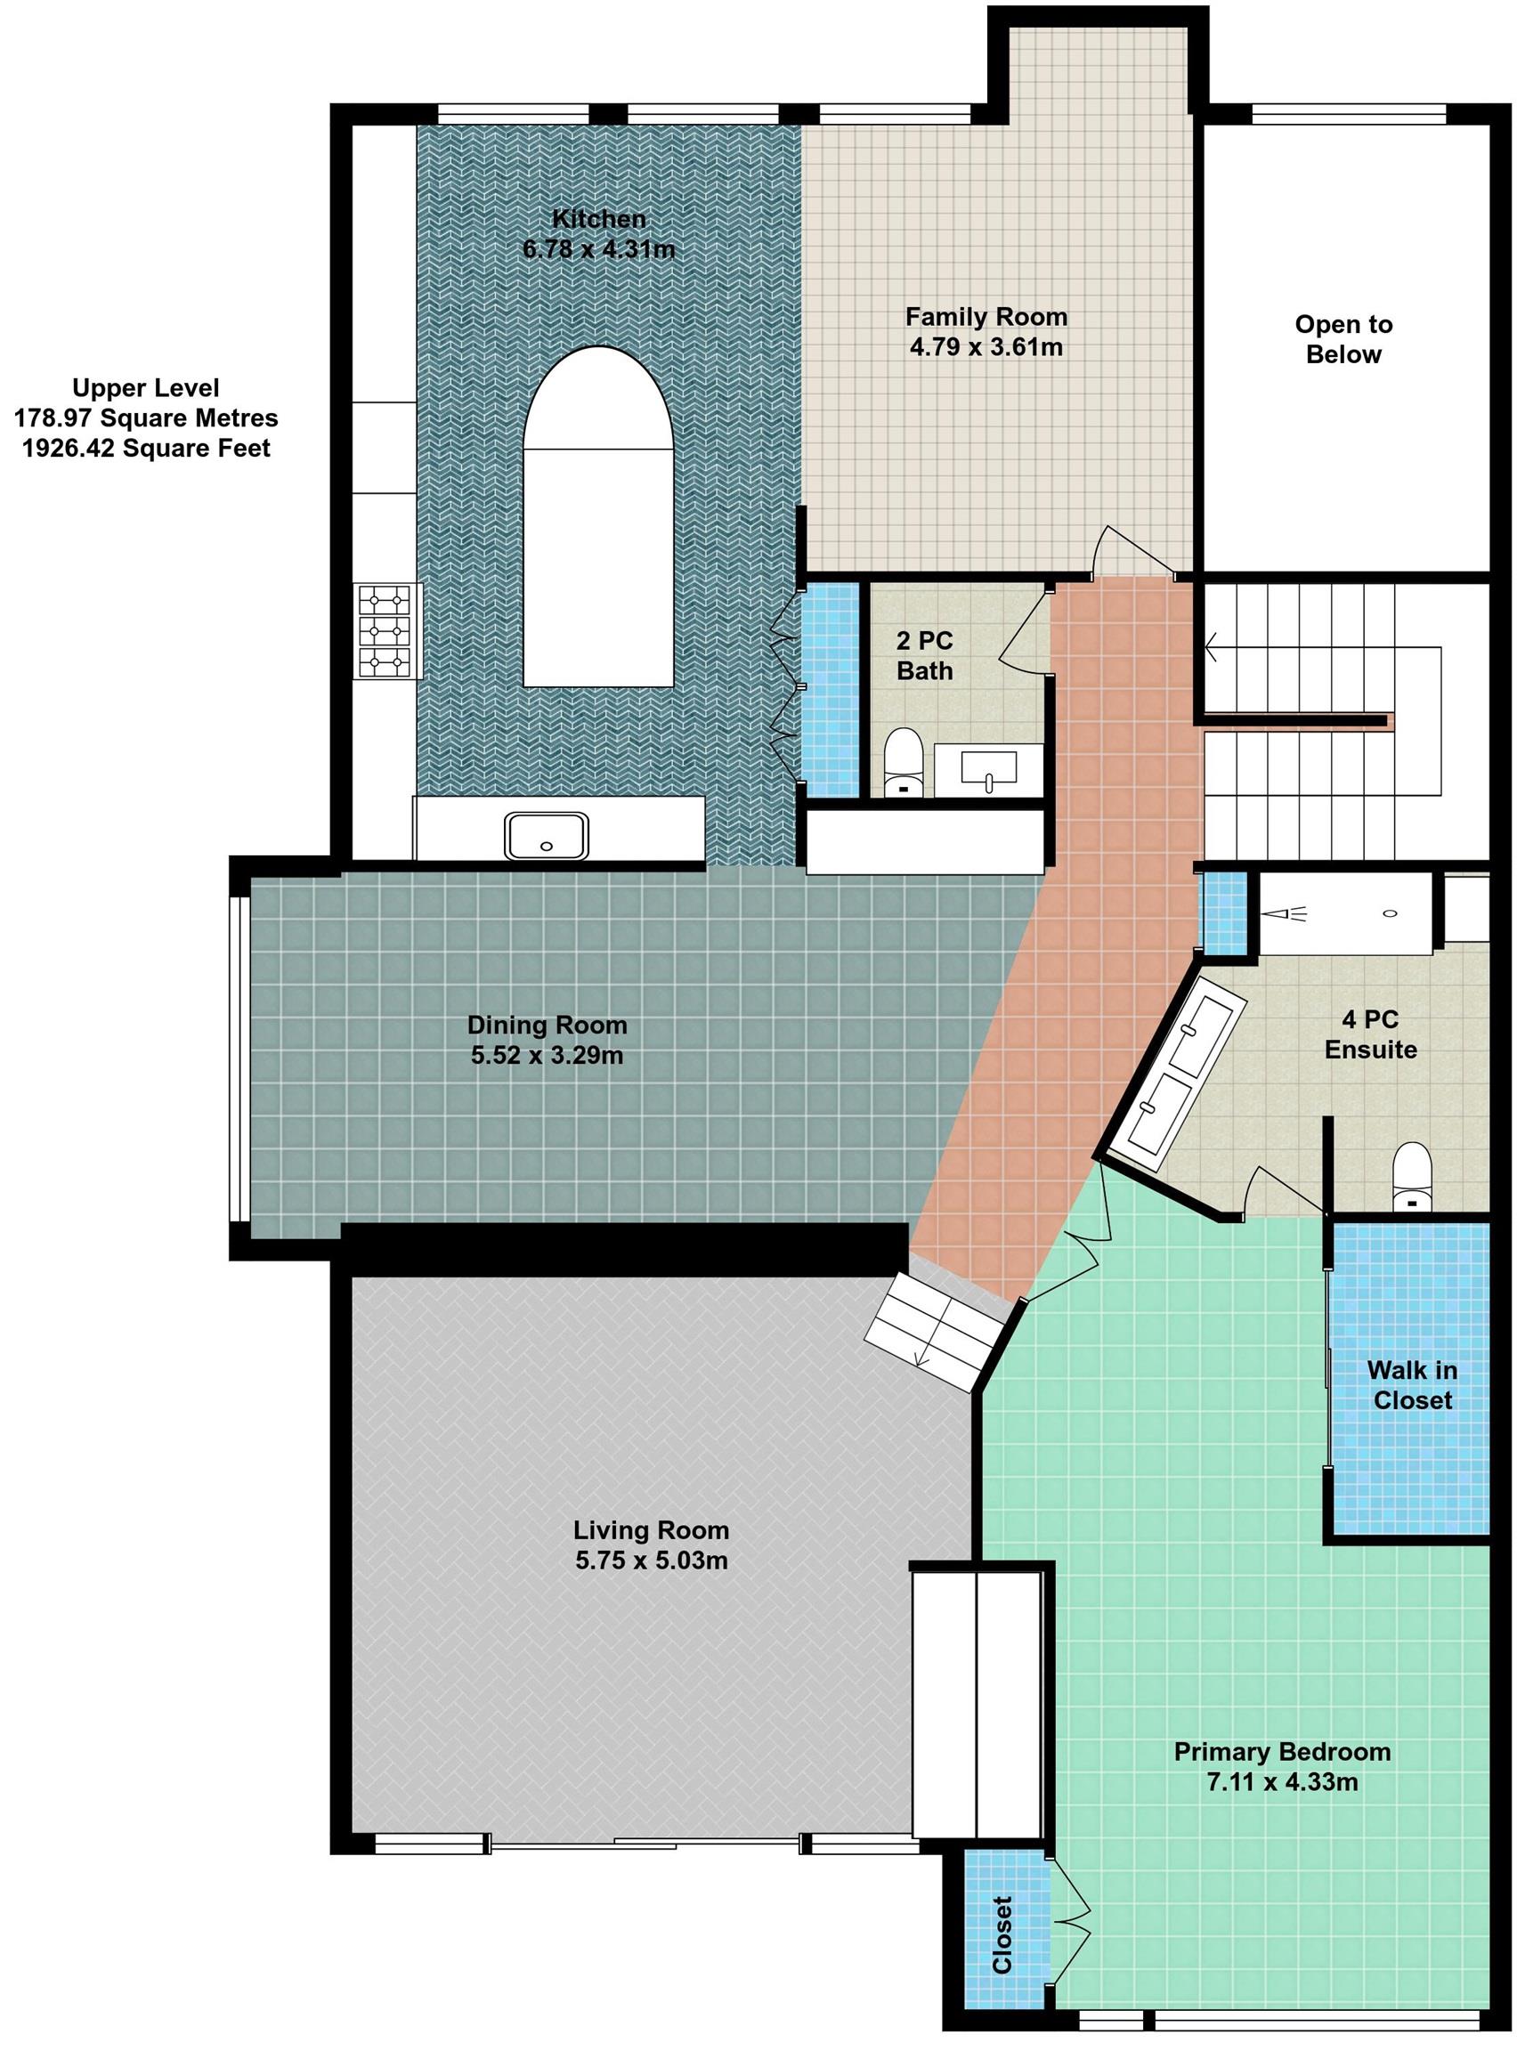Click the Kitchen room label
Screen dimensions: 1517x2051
tap(599, 219)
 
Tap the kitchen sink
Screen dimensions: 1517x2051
tap(547, 836)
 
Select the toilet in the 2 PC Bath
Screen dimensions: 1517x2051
tap(903, 762)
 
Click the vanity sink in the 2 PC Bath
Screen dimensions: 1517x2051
tap(988, 769)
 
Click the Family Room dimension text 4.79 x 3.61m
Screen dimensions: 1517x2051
tap(986, 347)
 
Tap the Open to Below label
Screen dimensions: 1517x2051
tap(1343, 339)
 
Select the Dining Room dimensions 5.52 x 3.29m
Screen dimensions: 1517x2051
tap(548, 1056)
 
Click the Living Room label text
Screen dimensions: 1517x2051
tap(651, 1530)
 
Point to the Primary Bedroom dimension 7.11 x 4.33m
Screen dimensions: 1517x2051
tap(1282, 1783)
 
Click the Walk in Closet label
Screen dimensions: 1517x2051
tap(1412, 1385)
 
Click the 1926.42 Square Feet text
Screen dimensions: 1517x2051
tap(147, 448)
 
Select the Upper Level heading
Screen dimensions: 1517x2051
tap(146, 387)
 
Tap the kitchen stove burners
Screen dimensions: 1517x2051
tap(385, 632)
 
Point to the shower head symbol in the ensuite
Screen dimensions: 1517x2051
tap(1287, 913)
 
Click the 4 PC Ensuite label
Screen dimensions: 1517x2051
tap(1371, 1034)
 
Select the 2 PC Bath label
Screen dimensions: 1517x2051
tap(924, 655)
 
